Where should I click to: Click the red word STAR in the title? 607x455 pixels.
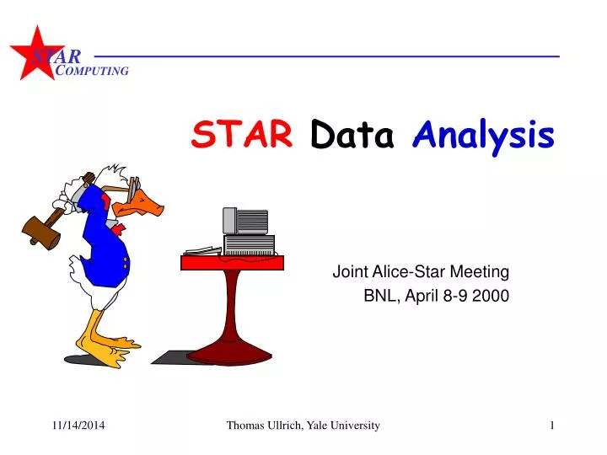[242, 133]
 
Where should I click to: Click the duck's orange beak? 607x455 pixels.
[150, 202]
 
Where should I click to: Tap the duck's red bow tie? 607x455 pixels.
[119, 228]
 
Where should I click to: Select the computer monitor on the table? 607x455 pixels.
[245, 220]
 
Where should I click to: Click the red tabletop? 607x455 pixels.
[233, 262]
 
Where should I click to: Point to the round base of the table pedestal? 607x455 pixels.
[229, 355]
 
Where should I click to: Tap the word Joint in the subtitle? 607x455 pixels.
[348, 271]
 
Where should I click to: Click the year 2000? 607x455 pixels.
[492, 296]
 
